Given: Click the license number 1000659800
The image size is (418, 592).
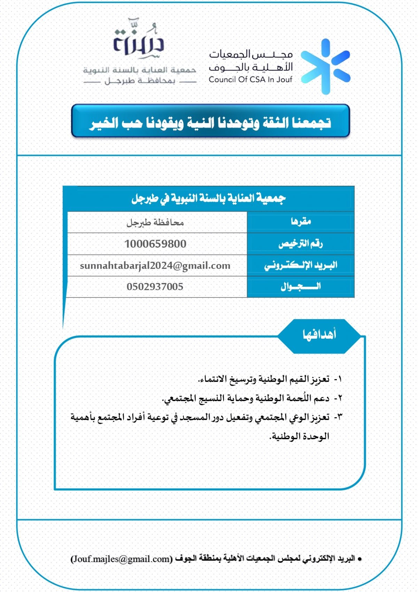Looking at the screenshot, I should [x=155, y=244].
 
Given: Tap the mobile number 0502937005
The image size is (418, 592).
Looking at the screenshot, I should [x=155, y=287].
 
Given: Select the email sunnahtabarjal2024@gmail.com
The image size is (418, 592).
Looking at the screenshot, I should [x=155, y=265].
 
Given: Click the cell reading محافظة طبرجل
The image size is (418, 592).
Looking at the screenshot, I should [x=155, y=222].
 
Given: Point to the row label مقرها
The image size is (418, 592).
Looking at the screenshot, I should [x=301, y=222].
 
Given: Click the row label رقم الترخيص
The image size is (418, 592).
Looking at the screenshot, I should [x=301, y=243].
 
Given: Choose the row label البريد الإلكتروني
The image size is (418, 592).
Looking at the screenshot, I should [x=301, y=265].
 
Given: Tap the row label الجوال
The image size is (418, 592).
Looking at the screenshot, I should [x=301, y=287].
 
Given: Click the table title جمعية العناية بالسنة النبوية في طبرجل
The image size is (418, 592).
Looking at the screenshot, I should [x=208, y=198].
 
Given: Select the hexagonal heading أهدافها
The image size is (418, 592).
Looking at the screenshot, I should [x=319, y=335].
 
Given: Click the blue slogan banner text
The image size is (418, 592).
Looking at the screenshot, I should [x=210, y=122].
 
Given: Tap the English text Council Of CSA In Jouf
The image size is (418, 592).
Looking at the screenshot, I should [x=250, y=80].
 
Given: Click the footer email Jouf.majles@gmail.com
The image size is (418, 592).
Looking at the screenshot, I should [x=122, y=559].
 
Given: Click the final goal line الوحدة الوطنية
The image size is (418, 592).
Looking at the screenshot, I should [x=300, y=436].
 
